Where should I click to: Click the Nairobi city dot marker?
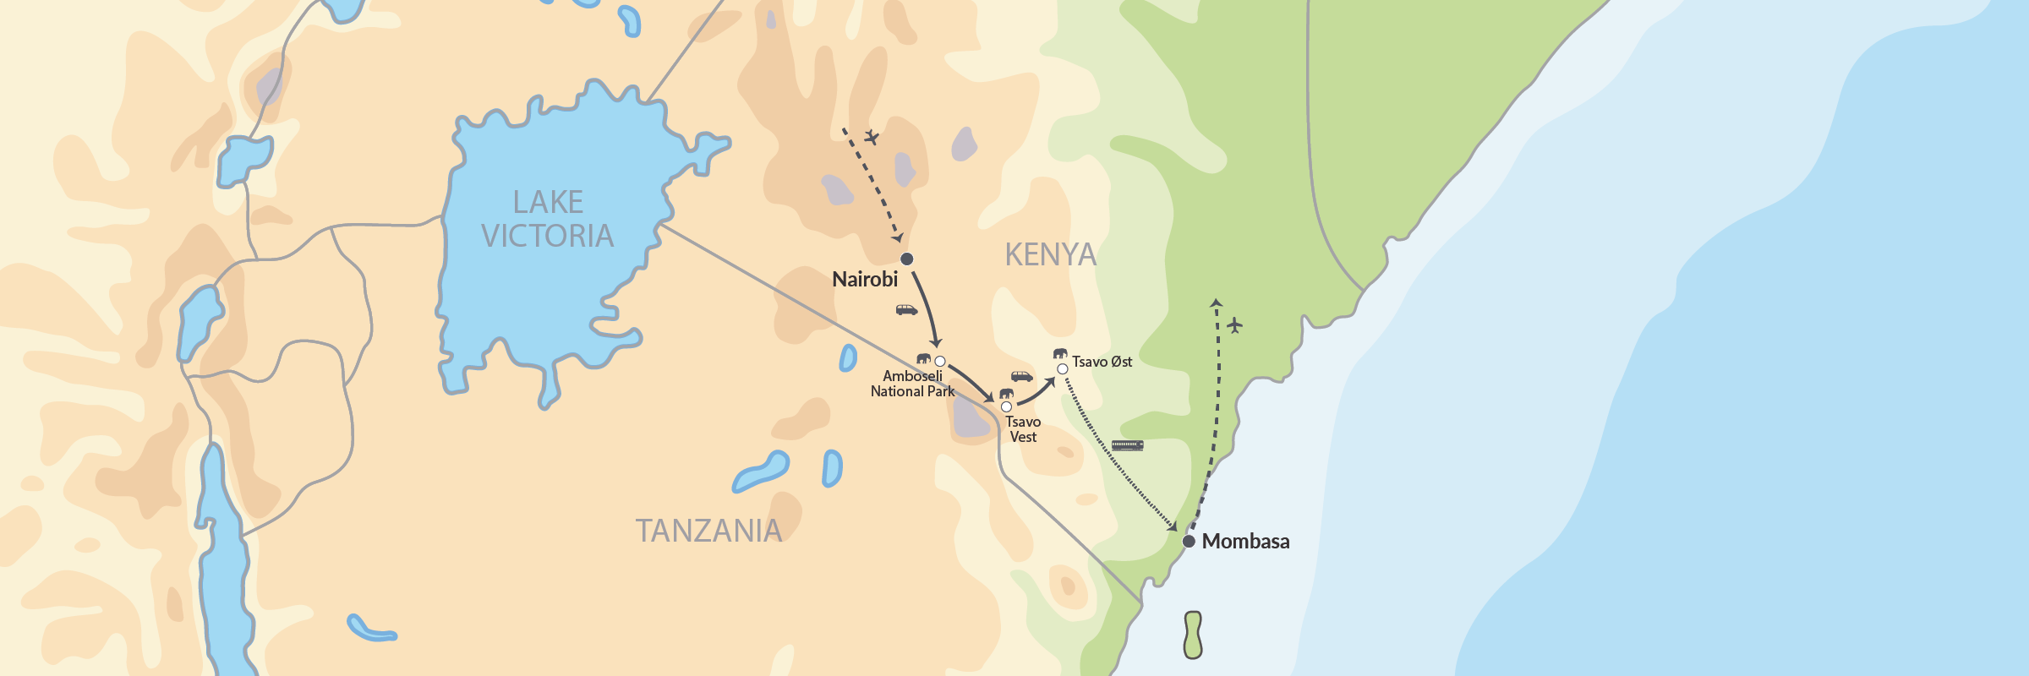[906, 259]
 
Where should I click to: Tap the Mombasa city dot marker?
[1189, 541]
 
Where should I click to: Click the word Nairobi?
[865, 280]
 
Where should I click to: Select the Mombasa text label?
[1245, 542]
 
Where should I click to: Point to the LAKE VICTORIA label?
[548, 219]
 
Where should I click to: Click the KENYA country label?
[1050, 254]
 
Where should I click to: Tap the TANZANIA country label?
[708, 531]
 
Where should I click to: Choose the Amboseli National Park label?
[912, 384]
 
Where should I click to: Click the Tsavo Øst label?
[1102, 362]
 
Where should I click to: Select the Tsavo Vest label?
[1023, 429]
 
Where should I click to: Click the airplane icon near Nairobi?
[872, 137]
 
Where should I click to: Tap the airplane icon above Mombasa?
[1235, 324]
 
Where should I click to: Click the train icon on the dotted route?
[1127, 445]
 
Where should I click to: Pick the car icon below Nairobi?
[906, 310]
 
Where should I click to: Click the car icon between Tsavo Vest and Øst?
[1021, 376]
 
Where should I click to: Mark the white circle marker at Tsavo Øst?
[1062, 368]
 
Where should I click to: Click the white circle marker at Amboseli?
[939, 362]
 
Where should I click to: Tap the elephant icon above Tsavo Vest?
[1006, 394]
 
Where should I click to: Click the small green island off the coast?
[1193, 635]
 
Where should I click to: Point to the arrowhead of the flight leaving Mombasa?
[1216, 303]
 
